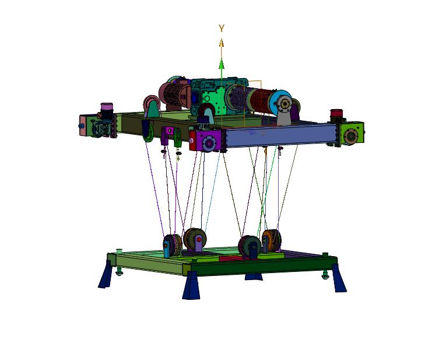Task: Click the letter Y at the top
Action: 222,28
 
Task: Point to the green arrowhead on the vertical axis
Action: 221,64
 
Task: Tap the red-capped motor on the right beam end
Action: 337,115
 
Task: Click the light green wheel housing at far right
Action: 352,134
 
